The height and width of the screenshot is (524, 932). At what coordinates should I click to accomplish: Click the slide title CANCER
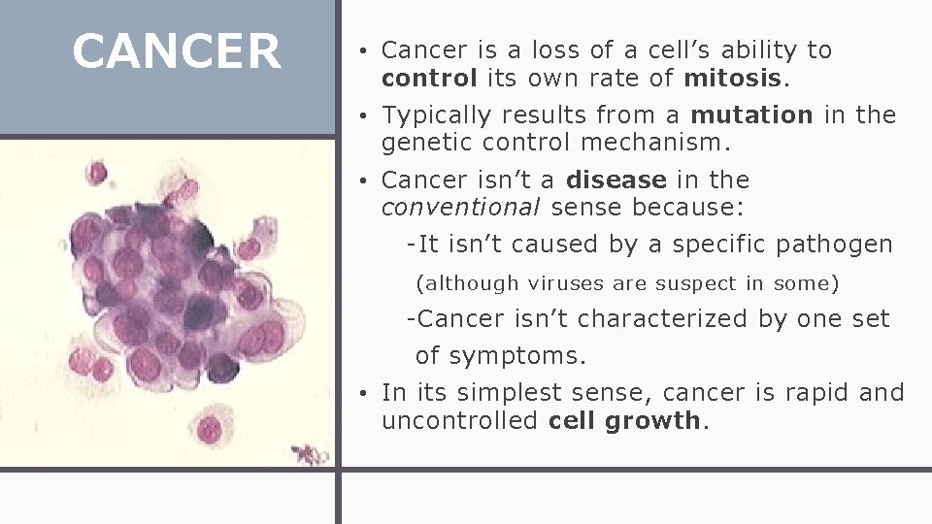(x=177, y=51)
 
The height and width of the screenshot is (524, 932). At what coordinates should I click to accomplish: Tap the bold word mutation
(x=751, y=115)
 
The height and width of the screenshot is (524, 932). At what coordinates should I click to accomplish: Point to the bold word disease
(x=616, y=180)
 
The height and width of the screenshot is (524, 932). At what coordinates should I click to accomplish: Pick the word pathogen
(x=834, y=245)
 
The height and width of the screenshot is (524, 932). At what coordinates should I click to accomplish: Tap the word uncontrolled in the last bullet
(x=460, y=420)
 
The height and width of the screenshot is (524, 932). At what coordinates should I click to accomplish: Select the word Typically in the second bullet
(x=437, y=115)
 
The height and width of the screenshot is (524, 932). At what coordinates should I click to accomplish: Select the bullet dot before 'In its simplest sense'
(x=360, y=393)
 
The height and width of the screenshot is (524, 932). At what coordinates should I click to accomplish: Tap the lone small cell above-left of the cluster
(x=97, y=174)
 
